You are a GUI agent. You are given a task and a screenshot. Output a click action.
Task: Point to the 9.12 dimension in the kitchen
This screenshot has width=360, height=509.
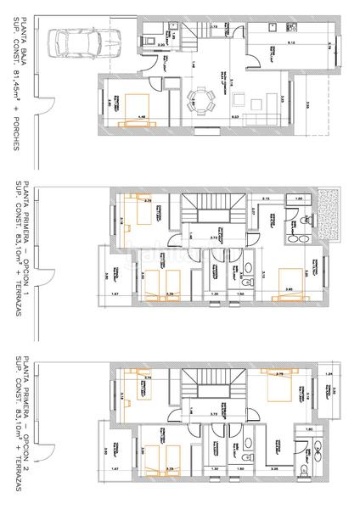coord(290,42)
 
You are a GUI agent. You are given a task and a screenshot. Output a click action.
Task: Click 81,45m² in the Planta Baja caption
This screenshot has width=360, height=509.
coord(17,88)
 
